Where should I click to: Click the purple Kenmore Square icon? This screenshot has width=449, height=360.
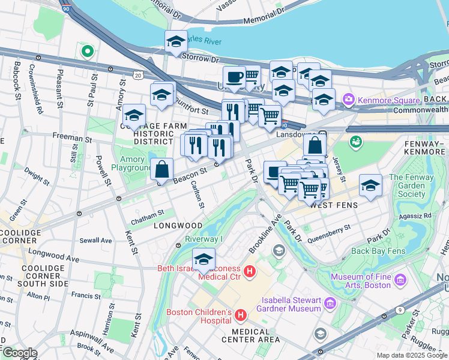tap(348, 99)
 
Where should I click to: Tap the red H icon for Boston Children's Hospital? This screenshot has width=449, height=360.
tap(241, 314)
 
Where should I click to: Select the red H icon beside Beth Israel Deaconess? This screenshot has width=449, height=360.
tap(250, 271)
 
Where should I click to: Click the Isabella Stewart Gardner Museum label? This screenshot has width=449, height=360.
tap(289, 304)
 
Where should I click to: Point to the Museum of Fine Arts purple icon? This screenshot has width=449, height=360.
tap(400, 279)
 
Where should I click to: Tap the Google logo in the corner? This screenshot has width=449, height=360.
tap(20, 353)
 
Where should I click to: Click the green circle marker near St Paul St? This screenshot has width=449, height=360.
tap(88, 52)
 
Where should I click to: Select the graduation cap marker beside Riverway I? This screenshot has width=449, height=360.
tap(203, 260)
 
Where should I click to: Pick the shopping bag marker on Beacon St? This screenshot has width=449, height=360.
tap(162, 170)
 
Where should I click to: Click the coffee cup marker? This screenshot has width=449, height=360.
tap(234, 77)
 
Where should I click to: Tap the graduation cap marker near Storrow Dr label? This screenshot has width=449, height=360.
tap(176, 41)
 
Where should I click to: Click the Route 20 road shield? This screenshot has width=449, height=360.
tap(138, 76)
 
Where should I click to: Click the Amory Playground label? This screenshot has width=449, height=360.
tap(133, 164)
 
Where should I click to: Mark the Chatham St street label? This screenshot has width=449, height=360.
tap(148, 214)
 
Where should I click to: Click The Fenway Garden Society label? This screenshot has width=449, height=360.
tap(415, 185)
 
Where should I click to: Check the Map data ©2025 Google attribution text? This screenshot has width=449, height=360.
tap(411, 355)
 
